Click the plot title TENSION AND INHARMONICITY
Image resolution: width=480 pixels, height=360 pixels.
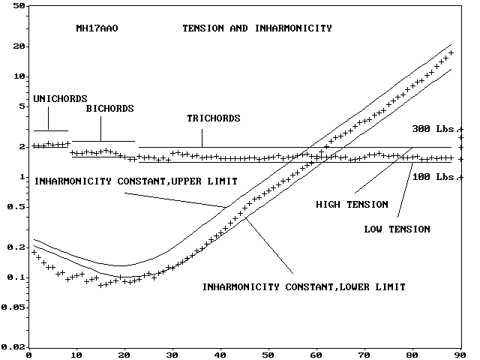256,28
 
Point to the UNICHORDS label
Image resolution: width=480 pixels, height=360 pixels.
61,98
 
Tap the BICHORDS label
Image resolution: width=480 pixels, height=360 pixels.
109,109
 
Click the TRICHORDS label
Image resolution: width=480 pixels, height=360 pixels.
213,118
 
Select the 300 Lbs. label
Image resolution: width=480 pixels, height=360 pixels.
433,128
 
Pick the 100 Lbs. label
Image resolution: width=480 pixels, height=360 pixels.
433,177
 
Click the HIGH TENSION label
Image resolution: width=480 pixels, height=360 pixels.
352,204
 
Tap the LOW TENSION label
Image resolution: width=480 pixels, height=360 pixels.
397,228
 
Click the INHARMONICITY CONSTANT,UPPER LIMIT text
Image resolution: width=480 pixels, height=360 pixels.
136,181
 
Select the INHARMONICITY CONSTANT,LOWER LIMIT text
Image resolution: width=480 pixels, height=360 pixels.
304,286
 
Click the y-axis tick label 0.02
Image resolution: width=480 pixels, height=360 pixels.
14,346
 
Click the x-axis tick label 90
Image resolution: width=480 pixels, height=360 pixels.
460,355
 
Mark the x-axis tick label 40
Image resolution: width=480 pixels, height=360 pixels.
220,355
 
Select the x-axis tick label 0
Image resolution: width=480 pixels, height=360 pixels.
28,355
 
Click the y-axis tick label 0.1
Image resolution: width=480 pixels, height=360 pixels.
16,277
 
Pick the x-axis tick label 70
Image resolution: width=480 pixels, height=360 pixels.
364,355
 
